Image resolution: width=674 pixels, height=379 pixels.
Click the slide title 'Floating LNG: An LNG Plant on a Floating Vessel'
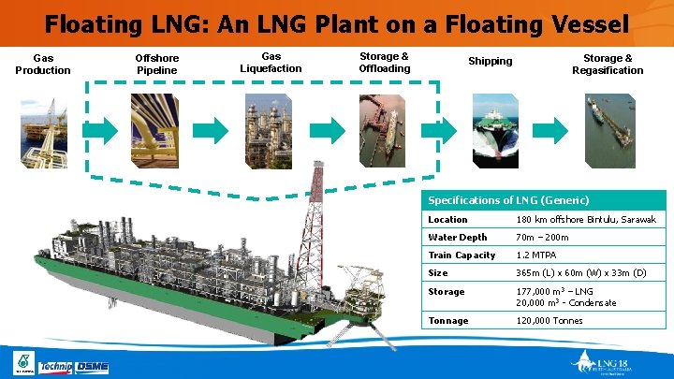click(x=336, y=22)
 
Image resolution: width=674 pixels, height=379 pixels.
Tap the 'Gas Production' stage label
click(x=43, y=64)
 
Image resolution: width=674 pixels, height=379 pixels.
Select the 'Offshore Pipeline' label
click(x=157, y=64)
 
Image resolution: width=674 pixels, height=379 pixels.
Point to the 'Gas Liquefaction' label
click(x=271, y=63)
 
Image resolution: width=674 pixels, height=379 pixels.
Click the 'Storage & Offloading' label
click(x=384, y=63)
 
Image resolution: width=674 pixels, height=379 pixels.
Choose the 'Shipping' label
click(x=491, y=62)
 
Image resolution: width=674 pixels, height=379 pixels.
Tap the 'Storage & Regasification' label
click(x=608, y=64)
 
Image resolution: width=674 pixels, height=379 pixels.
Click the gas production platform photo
click(x=42, y=130)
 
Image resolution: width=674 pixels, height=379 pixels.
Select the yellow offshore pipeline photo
click(x=156, y=130)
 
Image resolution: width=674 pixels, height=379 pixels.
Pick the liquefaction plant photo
click(x=270, y=130)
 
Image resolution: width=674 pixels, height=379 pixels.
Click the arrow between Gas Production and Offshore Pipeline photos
click(x=101, y=131)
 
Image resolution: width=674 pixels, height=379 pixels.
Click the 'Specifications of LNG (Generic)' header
click(x=508, y=200)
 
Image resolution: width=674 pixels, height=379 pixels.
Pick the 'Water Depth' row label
click(x=458, y=238)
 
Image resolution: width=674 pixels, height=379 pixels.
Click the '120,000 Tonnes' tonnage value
click(x=549, y=321)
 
